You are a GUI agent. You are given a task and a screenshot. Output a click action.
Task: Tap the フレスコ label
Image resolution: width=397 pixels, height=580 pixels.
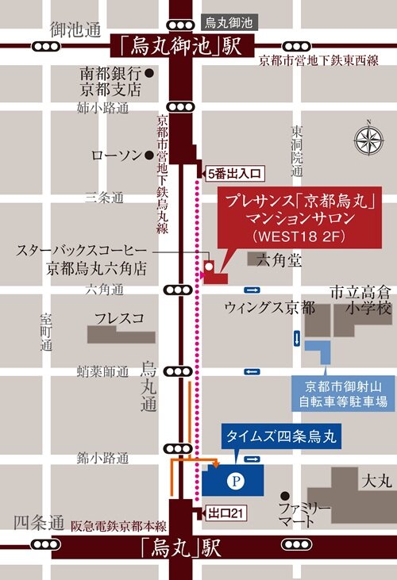point(118,319)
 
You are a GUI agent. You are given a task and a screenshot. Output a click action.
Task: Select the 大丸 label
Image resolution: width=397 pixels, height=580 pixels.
point(372,482)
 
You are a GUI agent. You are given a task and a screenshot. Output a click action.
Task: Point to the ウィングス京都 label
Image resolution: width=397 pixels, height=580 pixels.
point(269,307)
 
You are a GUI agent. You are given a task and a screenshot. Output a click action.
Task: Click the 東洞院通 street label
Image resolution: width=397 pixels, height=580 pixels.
point(296,151)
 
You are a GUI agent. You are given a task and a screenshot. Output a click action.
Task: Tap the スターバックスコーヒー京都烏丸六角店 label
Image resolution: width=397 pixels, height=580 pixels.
point(84,259)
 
